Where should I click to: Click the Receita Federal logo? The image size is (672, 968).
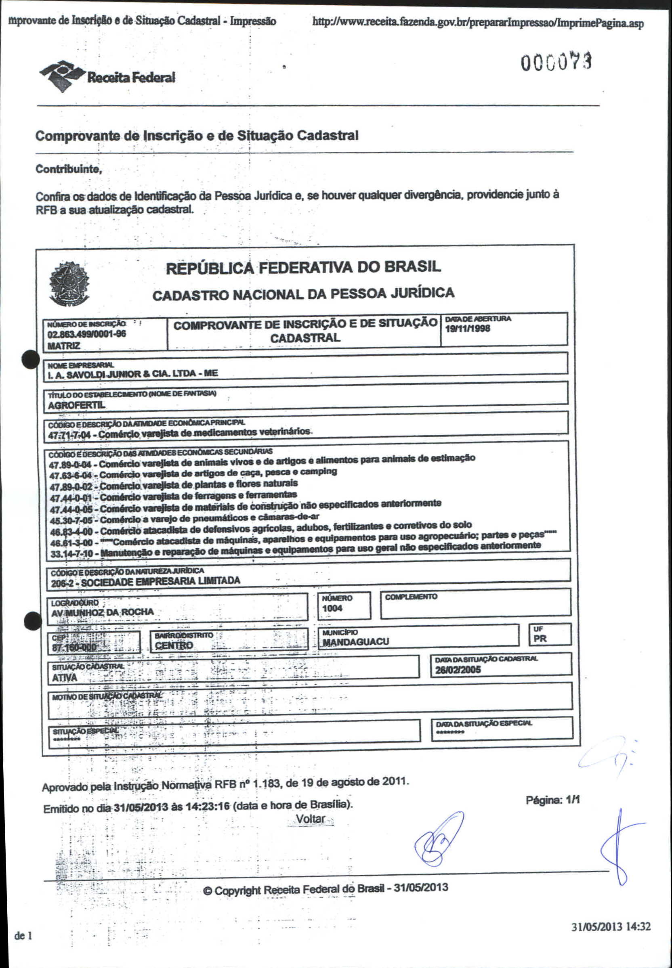[107, 76]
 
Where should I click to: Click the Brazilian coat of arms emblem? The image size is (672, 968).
[69, 283]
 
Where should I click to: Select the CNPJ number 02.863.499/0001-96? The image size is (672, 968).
[87, 335]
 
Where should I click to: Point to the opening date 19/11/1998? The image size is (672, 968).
[467, 329]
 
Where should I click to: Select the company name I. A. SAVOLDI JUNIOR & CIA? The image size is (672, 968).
[132, 374]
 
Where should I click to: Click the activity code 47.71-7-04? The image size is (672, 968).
[69, 435]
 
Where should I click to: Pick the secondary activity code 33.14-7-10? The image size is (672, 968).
[71, 554]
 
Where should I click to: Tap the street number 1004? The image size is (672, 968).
[332, 608]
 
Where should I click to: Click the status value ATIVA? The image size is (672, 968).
[65, 678]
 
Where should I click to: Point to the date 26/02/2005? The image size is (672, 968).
[458, 670]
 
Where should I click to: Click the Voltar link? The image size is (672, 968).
[310, 819]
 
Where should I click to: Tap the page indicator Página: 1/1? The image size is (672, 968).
[552, 800]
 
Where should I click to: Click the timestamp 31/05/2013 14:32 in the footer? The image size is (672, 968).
[611, 926]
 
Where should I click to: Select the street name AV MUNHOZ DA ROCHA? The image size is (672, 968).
[102, 612]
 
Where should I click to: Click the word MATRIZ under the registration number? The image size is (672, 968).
[63, 346]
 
